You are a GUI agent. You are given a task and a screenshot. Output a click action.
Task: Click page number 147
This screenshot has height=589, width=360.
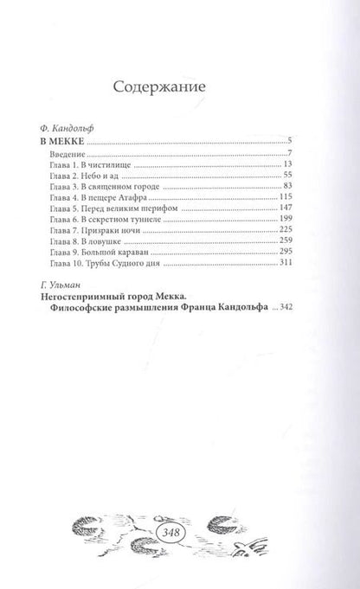point(273,213)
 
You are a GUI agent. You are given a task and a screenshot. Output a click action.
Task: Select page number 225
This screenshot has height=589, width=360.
point(273,237)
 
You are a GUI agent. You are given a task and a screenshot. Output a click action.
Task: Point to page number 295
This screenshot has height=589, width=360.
point(273,261)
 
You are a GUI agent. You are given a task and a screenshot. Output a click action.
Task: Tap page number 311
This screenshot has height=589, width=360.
point(273,273)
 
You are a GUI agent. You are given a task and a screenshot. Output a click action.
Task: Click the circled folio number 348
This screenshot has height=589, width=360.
point(180,509)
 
